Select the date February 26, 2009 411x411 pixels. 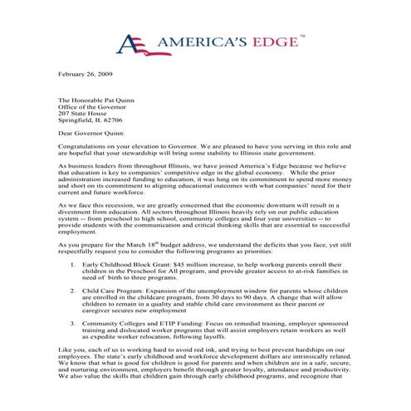click(x=85, y=76)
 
